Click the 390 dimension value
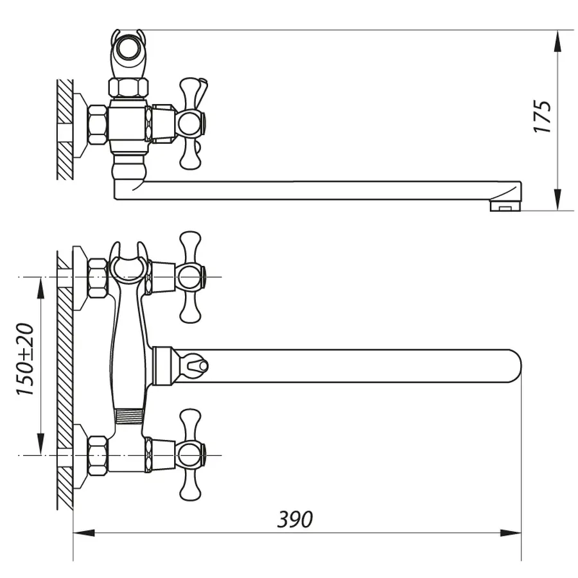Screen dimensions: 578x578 tap(295, 519)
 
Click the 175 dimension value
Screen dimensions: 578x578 tap(543, 116)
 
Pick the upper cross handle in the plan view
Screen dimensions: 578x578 tap(189, 277)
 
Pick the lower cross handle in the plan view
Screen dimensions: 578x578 tap(189, 455)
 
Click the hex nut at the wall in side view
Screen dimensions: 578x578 tap(97, 125)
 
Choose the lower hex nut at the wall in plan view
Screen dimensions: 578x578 tap(97, 455)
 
